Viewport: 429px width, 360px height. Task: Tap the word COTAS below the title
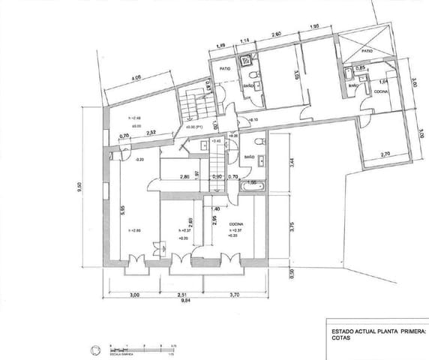click(x=343, y=337)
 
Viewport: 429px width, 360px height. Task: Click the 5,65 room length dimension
click(x=122, y=212)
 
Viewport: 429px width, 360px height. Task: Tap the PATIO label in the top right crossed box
click(x=367, y=51)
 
